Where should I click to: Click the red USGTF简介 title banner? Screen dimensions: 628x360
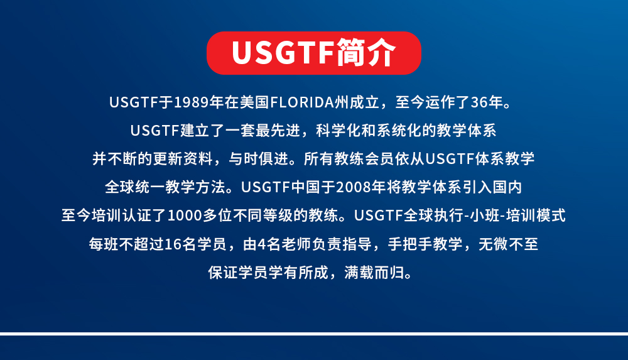[x=313, y=53]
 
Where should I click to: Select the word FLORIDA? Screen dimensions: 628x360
[x=302, y=102]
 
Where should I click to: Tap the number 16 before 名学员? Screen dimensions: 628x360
[x=173, y=244]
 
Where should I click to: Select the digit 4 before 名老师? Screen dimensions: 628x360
[x=261, y=244]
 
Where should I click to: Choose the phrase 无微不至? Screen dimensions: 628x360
[x=508, y=244]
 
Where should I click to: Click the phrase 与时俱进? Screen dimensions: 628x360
[x=259, y=159]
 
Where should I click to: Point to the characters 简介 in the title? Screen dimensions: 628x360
[x=365, y=53]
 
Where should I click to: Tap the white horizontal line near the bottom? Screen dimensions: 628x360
[x=314, y=334]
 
